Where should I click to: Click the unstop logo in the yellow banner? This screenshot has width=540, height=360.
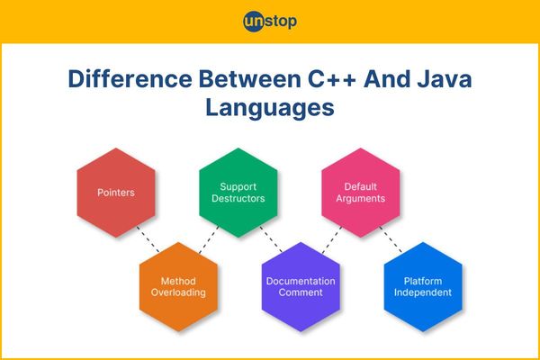click(270, 22)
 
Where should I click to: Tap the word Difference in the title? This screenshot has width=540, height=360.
click(130, 79)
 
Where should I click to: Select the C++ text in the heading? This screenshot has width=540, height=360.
click(331, 79)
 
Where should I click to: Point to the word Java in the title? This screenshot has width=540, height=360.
click(445, 79)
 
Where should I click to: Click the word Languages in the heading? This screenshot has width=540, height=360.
click(270, 108)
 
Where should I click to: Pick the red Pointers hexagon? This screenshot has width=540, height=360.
click(116, 193)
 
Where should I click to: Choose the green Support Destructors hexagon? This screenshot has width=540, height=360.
click(238, 193)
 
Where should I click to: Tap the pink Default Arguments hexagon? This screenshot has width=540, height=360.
click(361, 193)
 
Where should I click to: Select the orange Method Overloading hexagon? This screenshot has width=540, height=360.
click(178, 286)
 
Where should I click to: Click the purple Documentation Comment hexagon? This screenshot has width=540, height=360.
click(301, 286)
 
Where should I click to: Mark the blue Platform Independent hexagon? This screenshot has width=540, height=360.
click(423, 286)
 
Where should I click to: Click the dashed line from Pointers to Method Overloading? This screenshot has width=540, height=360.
click(148, 239)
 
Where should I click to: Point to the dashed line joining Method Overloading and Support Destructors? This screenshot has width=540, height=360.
click(209, 239)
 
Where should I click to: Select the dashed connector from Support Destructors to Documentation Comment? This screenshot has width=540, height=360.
click(271, 239)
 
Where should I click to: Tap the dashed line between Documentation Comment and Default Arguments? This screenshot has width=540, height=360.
click(332, 239)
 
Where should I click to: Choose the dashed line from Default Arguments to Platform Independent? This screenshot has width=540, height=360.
click(391, 239)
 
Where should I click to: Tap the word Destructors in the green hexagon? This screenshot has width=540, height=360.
click(238, 198)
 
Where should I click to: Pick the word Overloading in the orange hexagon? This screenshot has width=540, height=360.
click(178, 292)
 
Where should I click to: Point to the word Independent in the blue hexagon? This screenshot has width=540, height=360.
click(423, 292)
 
